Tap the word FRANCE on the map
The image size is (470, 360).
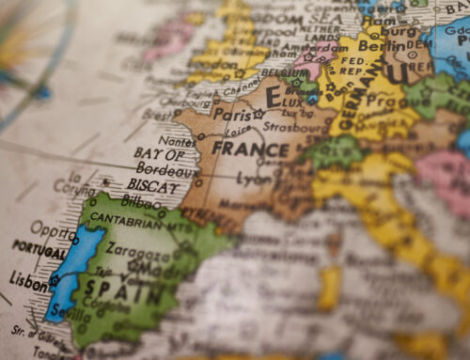click(x=249, y=149)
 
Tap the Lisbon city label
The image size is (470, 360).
click(x=27, y=278)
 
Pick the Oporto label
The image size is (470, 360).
click(x=52, y=227)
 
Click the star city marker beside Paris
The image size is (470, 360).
click(x=258, y=114)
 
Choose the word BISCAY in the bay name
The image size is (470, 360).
click(x=153, y=186)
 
